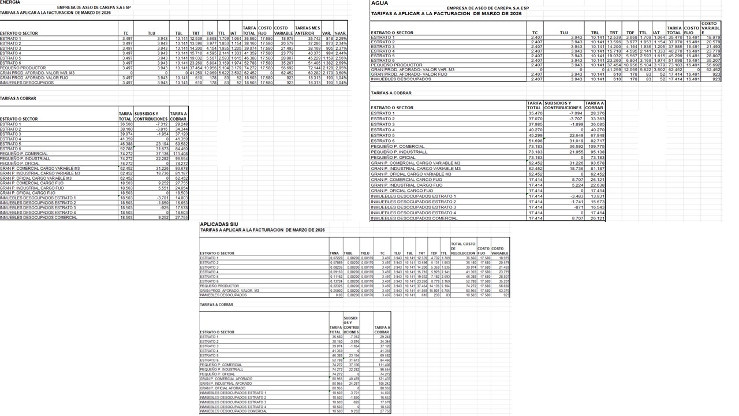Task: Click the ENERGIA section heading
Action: click(10, 2)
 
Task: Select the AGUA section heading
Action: click(379, 3)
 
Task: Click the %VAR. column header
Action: click(341, 33)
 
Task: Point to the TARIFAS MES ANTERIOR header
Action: click(308, 30)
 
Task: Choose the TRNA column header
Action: click(334, 253)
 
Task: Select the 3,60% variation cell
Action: click(341, 73)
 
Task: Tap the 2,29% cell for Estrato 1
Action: click(341, 38)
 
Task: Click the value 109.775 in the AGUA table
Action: click(595, 146)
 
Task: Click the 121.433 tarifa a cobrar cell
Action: click(382, 379)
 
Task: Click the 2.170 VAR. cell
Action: click(327, 73)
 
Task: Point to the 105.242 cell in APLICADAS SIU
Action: click(382, 384)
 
